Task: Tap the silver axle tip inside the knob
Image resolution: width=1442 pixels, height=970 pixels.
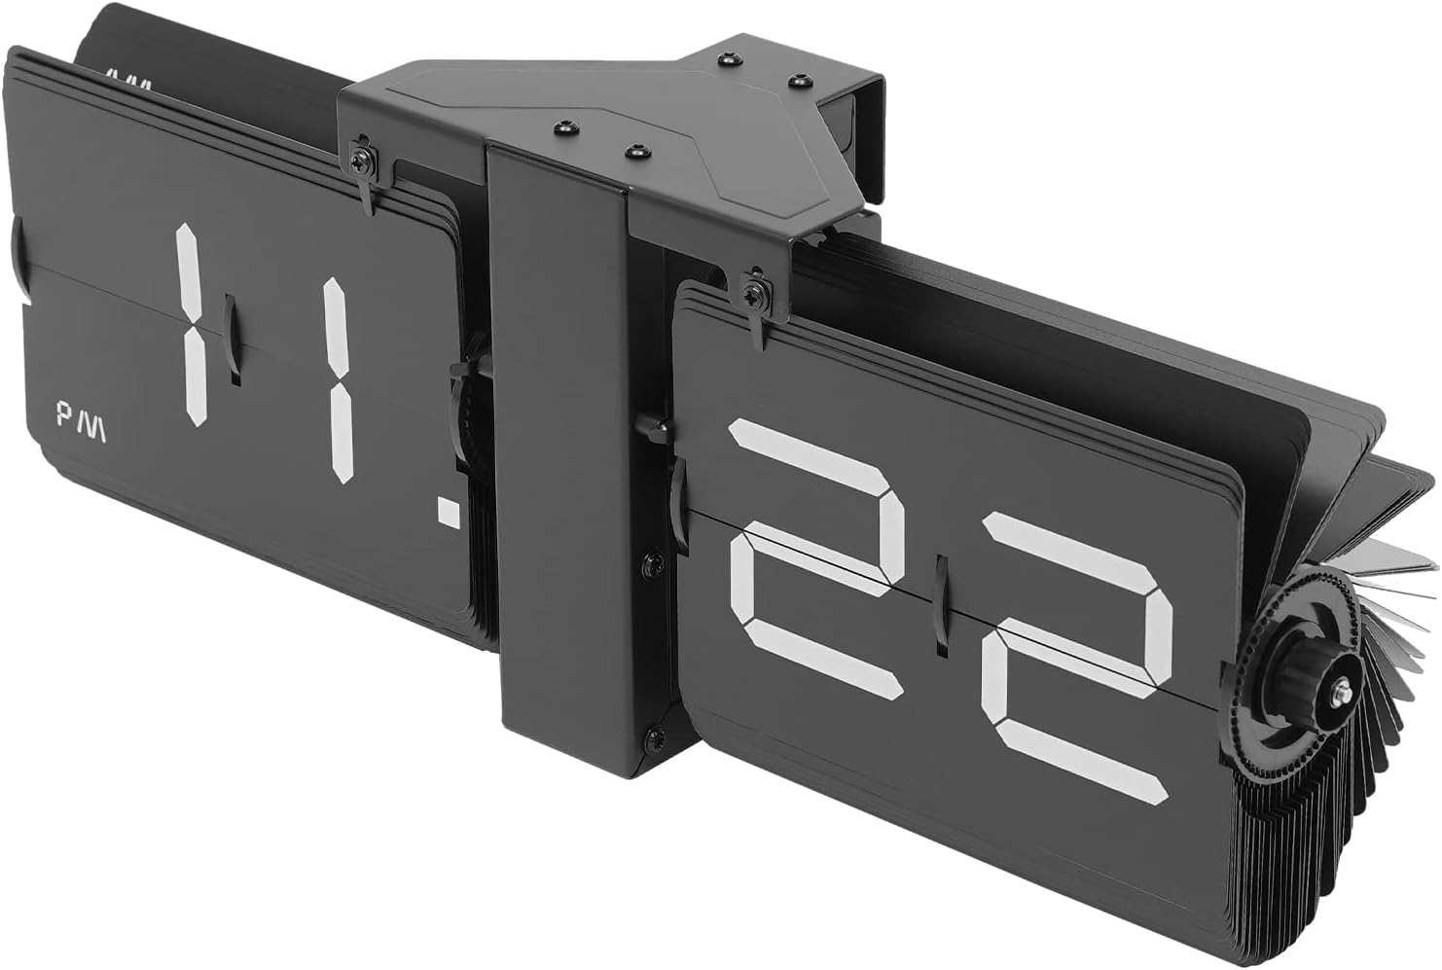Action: coord(1343,692)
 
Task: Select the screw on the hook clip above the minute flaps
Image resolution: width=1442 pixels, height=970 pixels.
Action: coord(752,288)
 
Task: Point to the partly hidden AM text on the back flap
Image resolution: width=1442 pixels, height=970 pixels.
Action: coord(128,80)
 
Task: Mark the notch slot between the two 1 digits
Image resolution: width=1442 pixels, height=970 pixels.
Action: coord(232,341)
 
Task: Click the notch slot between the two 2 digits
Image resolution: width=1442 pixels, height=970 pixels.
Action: coord(939,603)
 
